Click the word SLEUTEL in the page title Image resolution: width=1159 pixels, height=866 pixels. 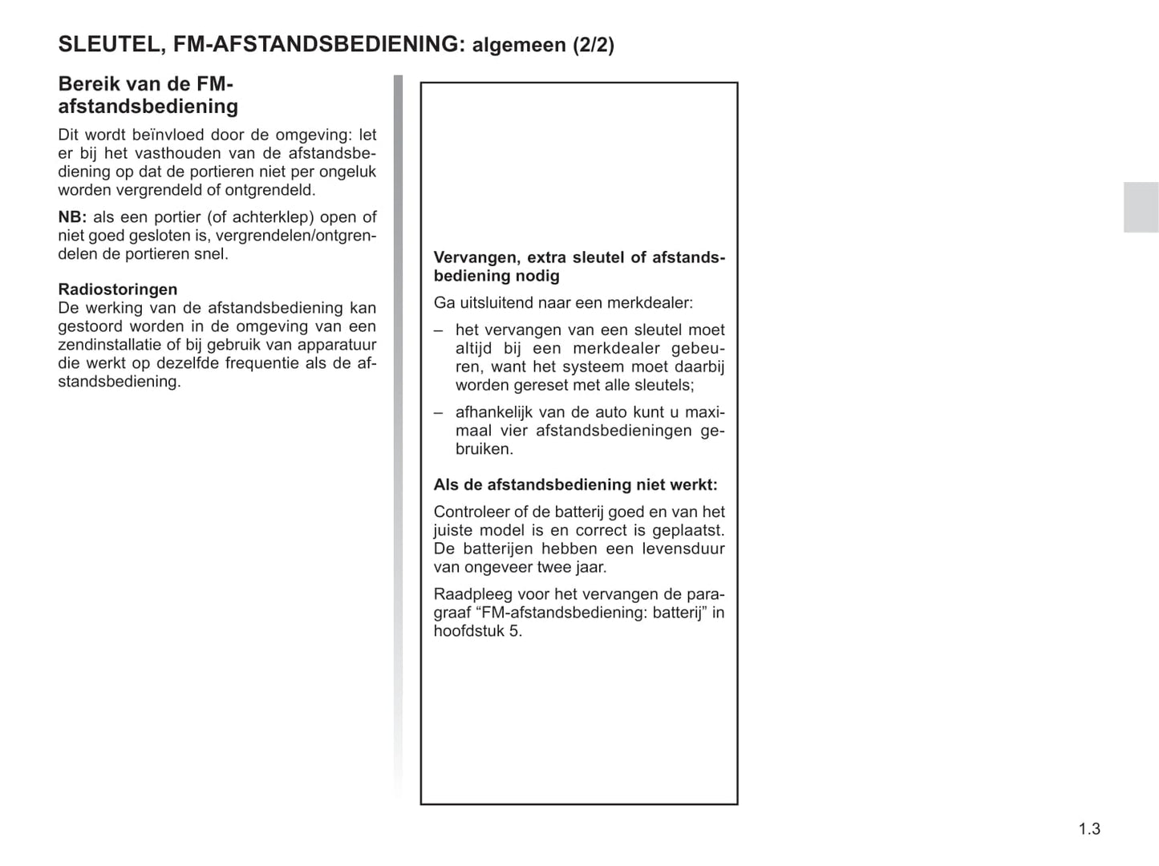(x=107, y=44)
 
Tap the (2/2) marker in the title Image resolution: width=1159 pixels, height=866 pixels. (x=593, y=45)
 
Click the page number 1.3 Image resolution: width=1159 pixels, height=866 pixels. (x=1088, y=829)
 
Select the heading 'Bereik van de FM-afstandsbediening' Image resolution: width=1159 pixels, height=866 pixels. (x=148, y=95)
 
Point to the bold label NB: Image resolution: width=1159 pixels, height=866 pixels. (x=72, y=217)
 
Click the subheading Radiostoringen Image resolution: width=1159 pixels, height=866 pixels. (x=118, y=289)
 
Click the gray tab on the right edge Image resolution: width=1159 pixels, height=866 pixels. (x=1141, y=207)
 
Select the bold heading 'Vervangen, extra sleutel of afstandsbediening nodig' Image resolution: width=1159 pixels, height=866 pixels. (x=578, y=266)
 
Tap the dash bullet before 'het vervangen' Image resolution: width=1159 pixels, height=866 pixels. (x=439, y=330)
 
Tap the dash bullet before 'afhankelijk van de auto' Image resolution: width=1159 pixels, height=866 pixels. (x=439, y=413)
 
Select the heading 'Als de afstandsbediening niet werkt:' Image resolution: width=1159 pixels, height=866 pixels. (x=575, y=484)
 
